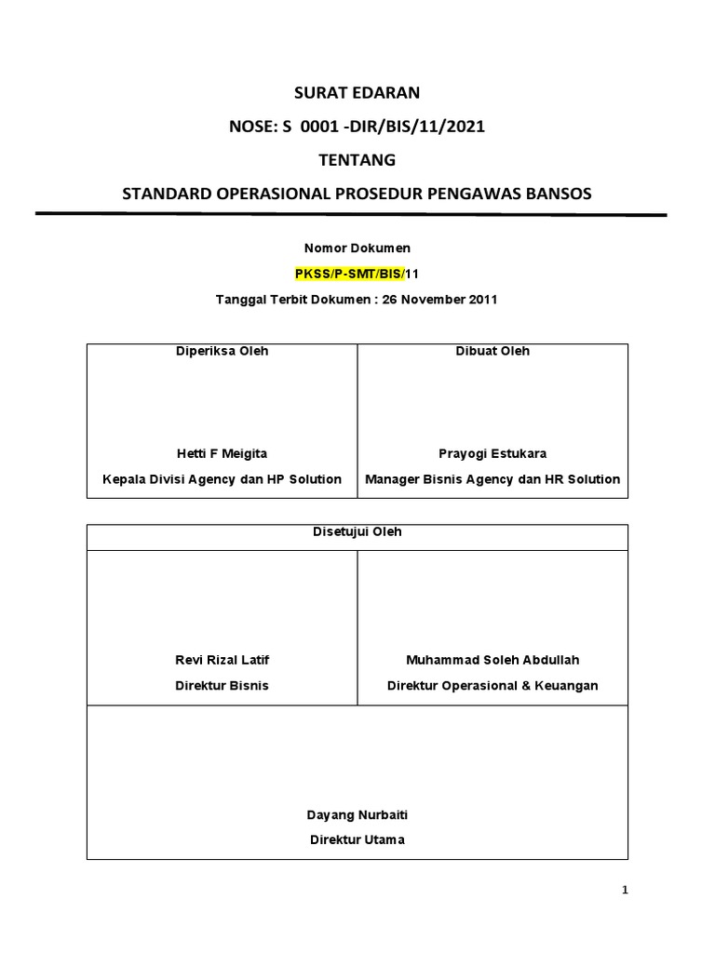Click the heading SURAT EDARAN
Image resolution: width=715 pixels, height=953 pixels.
pos(357,92)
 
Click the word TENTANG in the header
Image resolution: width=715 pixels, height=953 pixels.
pos(357,159)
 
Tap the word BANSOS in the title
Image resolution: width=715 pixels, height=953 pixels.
pos(553,194)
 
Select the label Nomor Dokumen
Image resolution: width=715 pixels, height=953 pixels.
pos(357,248)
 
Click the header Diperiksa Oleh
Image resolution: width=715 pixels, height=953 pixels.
pos(222,351)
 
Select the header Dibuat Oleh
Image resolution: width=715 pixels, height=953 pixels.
pos(492,351)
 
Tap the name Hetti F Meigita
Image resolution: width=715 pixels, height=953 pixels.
pos(222,453)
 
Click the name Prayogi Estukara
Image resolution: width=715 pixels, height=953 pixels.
pos(492,453)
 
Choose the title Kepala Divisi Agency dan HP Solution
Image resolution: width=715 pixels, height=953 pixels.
pos(222,479)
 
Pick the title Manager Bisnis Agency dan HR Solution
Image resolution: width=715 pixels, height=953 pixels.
pos(492,479)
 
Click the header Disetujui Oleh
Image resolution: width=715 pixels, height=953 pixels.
pos(357,532)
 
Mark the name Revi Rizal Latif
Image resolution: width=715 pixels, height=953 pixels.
pos(222,660)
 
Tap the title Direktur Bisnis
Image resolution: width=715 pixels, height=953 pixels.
pos(222,686)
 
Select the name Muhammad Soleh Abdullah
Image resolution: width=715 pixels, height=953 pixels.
pos(492,660)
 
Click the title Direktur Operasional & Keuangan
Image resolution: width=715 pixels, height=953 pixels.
pos(492,686)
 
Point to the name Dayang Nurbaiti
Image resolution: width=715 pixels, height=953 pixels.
pos(357,814)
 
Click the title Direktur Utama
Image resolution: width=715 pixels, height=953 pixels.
pos(357,839)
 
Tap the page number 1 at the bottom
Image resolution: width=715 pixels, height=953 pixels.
pos(626,891)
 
